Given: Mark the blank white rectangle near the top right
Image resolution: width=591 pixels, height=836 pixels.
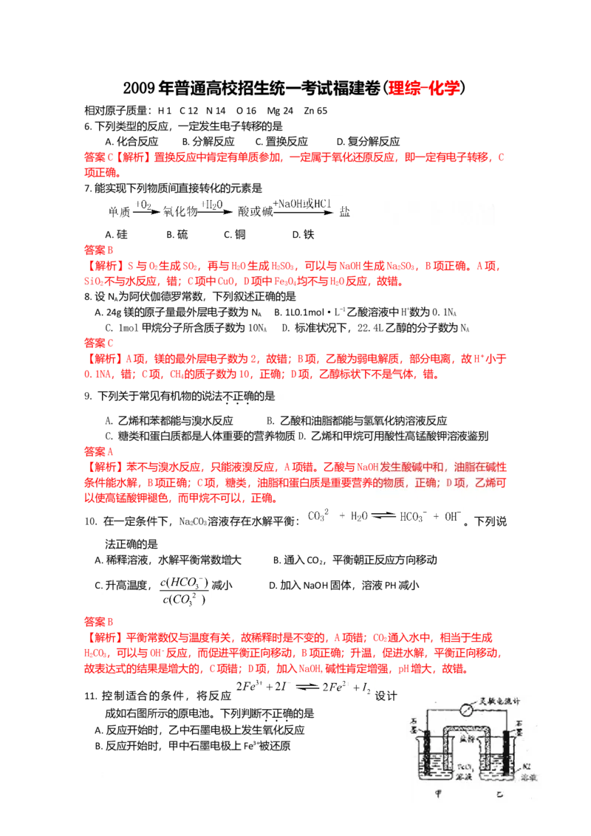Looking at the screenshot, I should [437, 218].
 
